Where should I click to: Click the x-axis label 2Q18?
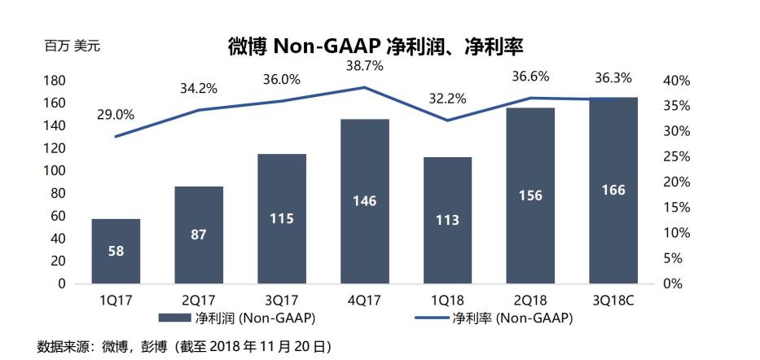pos(529,299)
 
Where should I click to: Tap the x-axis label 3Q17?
pos(281,299)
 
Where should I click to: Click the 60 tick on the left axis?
pos(58,216)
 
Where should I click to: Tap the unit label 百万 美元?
pos(72,46)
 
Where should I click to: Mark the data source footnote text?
pos(184,346)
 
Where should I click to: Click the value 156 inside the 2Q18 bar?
pos(529,195)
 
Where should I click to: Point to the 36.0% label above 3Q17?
pos(282,79)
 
